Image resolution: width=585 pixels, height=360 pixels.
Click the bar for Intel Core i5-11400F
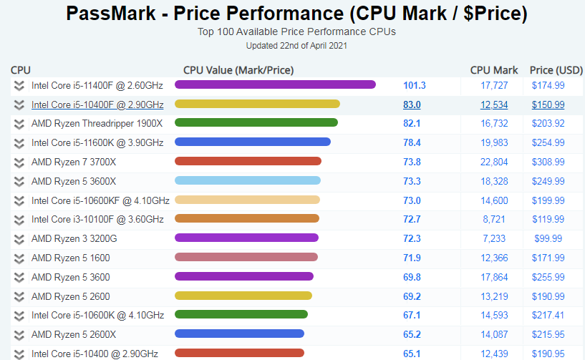[275, 84]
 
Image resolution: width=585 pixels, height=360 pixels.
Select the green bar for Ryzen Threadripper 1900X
[256, 123]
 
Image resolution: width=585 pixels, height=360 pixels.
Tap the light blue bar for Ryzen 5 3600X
[247, 180]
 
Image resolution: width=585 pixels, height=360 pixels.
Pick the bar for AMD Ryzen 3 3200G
[246, 238]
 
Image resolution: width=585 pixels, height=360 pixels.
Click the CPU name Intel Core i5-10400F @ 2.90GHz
[97, 104]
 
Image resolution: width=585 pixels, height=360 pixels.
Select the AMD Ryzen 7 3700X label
[74, 162]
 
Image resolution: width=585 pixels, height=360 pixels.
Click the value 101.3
[414, 85]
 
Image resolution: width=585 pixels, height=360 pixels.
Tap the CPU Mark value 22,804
[494, 162]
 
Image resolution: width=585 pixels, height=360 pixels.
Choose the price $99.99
[548, 238]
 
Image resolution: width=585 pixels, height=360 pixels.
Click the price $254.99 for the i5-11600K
[548, 142]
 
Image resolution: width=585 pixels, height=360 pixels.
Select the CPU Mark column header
[494, 70]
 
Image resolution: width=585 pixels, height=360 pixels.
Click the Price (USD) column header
[556, 70]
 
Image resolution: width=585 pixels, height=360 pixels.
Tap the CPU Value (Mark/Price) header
[238, 70]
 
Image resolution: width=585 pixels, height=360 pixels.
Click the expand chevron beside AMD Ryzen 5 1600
[19, 258]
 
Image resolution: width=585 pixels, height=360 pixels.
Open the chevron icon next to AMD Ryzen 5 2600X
[19, 334]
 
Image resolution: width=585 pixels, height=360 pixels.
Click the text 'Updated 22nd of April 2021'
[296, 45]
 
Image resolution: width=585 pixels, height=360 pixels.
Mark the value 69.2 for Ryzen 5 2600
[412, 296]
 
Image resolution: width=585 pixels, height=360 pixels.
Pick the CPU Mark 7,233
[494, 238]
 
